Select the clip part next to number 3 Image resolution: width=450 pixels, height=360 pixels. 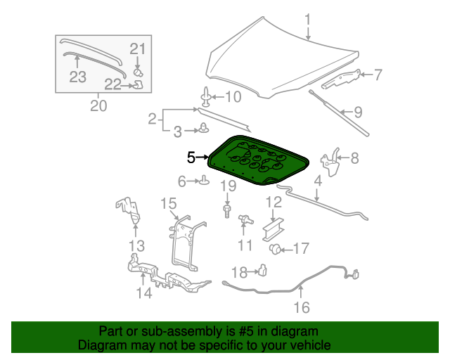pyautogui.click(x=204, y=128)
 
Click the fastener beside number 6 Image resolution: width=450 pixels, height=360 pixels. pyautogui.click(x=204, y=182)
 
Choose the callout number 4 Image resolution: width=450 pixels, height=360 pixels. pyautogui.click(x=317, y=181)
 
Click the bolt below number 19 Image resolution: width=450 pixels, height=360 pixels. pyautogui.click(x=227, y=210)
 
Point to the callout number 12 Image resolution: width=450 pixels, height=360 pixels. pyautogui.click(x=273, y=203)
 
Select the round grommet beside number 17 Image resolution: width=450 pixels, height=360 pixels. pyautogui.click(x=276, y=248)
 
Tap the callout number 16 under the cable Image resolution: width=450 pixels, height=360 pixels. pyautogui.click(x=301, y=307)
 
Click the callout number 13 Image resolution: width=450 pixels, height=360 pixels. pyautogui.click(x=136, y=246)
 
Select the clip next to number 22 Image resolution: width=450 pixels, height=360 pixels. pyautogui.click(x=139, y=86)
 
